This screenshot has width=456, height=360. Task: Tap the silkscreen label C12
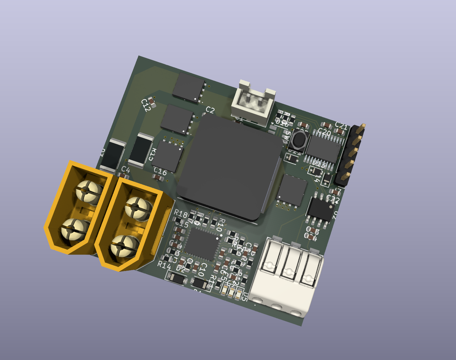(146, 105)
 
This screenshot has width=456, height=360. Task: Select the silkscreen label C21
(341, 126)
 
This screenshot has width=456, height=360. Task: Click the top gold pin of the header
(361, 127)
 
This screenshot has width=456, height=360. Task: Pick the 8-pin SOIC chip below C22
(321, 209)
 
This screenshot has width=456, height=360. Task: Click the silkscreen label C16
(160, 172)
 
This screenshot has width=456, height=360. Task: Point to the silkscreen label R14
(164, 265)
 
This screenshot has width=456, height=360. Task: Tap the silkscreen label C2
(210, 110)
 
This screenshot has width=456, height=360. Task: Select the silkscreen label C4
(125, 170)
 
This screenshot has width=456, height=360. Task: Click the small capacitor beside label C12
(152, 100)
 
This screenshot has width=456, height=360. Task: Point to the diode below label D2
(176, 278)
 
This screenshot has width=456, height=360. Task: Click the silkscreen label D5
(244, 297)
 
